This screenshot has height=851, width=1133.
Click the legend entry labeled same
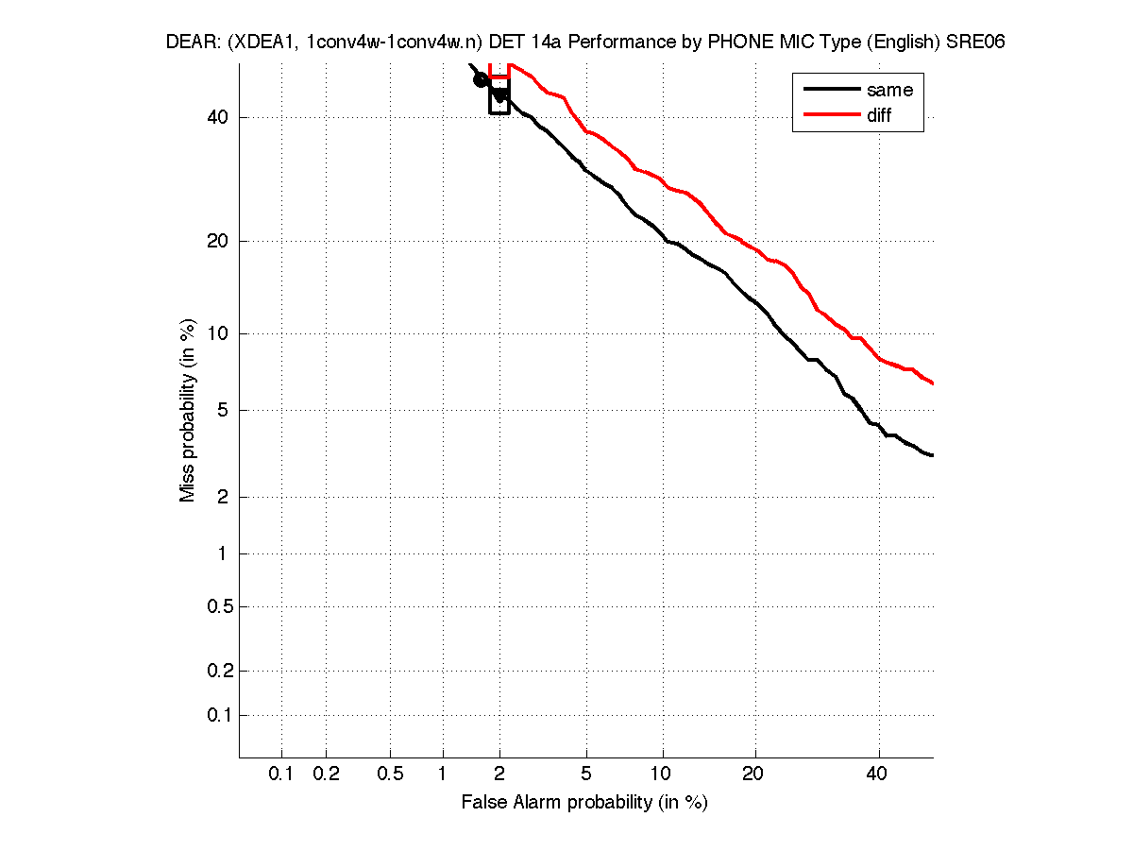[889, 91]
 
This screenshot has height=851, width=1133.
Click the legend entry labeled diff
[879, 115]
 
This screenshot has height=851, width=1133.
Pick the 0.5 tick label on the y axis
[218, 606]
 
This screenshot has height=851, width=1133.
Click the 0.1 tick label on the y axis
[218, 715]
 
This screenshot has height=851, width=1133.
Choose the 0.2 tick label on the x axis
[326, 774]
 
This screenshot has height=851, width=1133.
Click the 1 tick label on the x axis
[443, 774]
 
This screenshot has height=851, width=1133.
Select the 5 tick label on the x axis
[586, 774]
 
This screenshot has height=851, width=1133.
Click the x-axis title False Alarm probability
[584, 803]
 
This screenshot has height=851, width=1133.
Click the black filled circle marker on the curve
[481, 79]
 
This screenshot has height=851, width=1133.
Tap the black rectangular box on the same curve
[499, 96]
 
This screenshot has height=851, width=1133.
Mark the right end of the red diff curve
[933, 383]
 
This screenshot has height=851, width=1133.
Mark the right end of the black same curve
[933, 455]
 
